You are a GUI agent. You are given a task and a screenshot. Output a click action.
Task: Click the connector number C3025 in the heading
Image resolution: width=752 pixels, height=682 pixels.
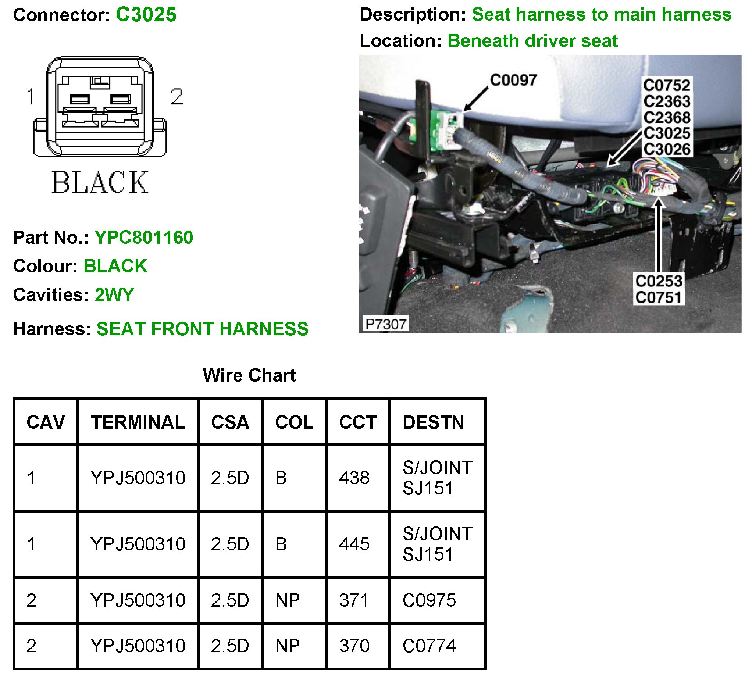point(146,15)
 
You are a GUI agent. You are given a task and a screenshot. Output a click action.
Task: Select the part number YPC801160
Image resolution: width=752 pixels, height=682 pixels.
point(144,238)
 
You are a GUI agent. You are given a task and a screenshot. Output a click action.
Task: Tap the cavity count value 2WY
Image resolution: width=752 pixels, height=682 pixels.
point(114,295)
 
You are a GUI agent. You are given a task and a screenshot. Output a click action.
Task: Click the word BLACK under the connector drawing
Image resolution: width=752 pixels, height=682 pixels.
point(100,183)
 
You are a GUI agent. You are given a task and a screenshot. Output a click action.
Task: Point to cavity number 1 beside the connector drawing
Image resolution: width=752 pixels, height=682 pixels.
point(31,97)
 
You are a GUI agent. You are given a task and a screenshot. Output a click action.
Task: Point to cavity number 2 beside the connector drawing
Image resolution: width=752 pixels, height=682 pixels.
point(177,97)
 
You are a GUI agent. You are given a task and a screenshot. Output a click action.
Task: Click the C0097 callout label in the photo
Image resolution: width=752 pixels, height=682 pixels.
point(513,80)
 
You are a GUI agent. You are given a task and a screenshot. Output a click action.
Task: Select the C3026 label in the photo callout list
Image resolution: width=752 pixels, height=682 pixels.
point(667,150)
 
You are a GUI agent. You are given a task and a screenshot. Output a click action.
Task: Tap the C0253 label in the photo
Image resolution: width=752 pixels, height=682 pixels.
point(659,281)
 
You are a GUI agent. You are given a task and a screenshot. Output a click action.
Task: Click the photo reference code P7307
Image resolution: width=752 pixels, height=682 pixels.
point(385,324)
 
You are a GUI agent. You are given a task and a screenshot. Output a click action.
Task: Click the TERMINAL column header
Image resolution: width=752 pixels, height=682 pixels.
point(138,422)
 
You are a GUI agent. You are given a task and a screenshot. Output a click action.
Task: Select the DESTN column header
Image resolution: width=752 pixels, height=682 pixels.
point(433,422)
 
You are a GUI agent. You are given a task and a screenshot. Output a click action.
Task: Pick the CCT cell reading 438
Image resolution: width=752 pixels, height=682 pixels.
point(354,478)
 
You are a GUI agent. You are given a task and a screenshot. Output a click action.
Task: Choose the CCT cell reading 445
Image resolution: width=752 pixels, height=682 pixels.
point(354,544)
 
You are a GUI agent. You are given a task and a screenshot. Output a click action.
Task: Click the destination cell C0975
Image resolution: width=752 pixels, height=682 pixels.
point(429,600)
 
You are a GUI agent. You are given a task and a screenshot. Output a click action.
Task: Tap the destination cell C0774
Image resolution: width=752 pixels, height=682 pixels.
point(429,646)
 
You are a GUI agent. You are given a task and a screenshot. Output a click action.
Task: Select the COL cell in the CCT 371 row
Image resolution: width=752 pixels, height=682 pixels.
point(287,600)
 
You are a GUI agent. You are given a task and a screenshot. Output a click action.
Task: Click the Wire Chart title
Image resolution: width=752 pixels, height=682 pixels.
point(249,375)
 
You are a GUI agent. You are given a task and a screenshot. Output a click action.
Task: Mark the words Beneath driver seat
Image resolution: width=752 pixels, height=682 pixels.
point(533,41)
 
